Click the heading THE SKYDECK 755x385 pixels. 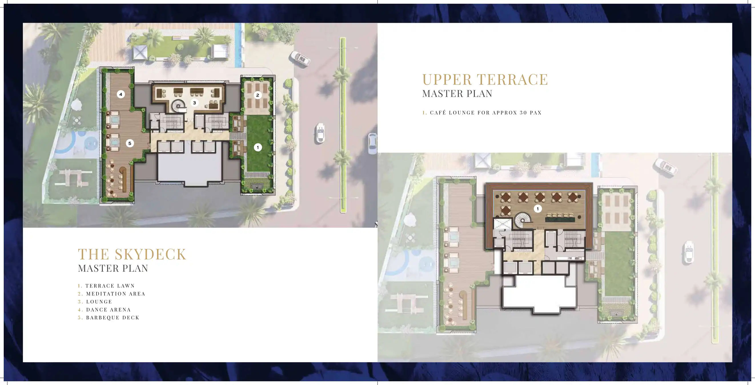(132, 254)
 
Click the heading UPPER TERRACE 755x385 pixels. (485, 79)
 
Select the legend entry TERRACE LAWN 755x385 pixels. (110, 286)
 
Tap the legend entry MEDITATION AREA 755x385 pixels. (115, 294)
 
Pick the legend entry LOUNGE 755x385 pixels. (99, 301)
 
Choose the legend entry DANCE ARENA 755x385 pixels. (108, 309)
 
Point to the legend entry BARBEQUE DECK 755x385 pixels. (113, 317)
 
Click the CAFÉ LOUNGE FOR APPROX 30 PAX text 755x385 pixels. (485, 113)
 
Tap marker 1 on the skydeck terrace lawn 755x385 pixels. (258, 147)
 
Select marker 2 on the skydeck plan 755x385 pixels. (258, 95)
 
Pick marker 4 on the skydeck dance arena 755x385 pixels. (121, 94)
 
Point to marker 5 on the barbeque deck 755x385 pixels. (130, 143)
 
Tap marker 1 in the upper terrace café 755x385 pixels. (537, 209)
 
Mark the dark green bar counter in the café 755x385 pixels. (559, 219)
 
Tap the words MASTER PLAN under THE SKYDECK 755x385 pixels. (113, 268)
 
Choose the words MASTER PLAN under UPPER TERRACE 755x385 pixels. (457, 94)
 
